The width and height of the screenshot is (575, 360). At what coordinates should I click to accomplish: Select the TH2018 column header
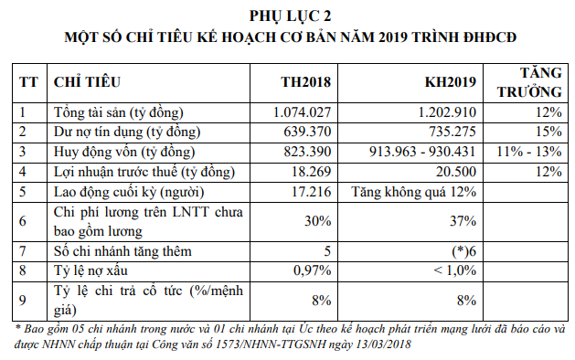pos(303,82)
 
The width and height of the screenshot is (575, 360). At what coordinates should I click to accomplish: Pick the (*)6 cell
pos(464,249)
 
